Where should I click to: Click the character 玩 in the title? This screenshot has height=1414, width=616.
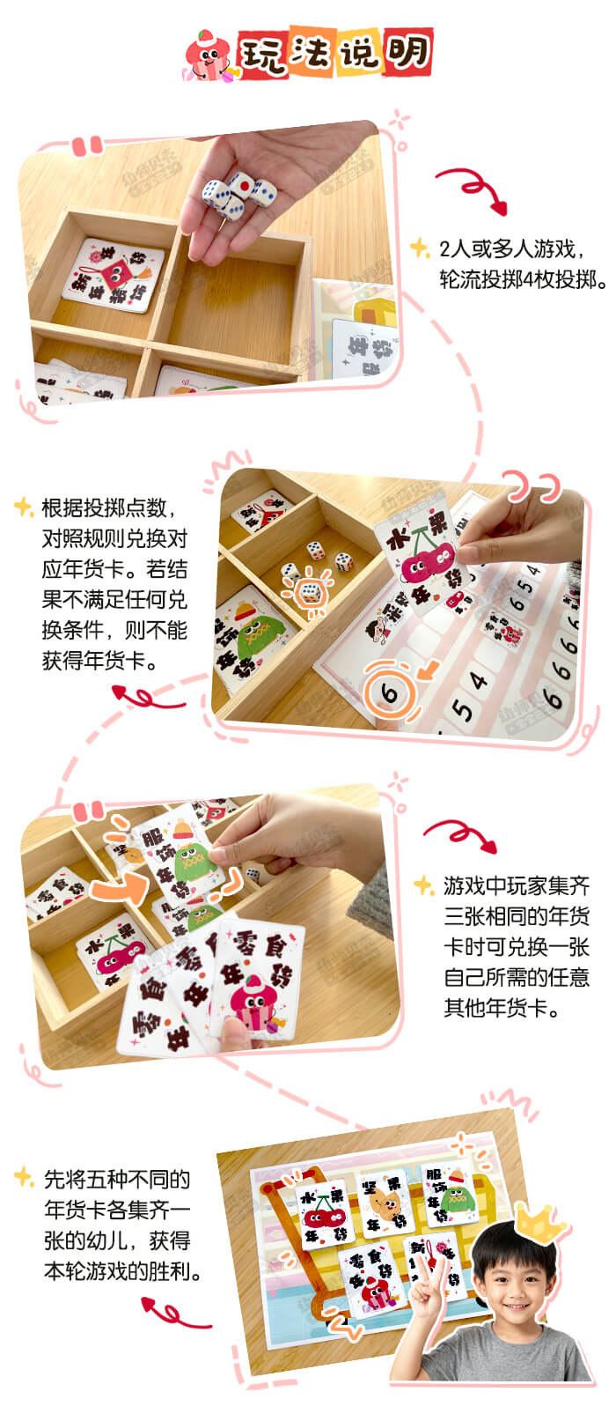point(260,55)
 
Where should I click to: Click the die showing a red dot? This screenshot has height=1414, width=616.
point(240,187)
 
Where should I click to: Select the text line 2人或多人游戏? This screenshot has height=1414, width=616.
point(513,248)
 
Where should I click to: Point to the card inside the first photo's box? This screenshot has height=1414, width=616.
point(113,275)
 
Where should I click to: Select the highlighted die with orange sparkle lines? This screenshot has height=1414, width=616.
point(309,592)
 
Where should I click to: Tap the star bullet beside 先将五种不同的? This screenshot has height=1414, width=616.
point(24,1176)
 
